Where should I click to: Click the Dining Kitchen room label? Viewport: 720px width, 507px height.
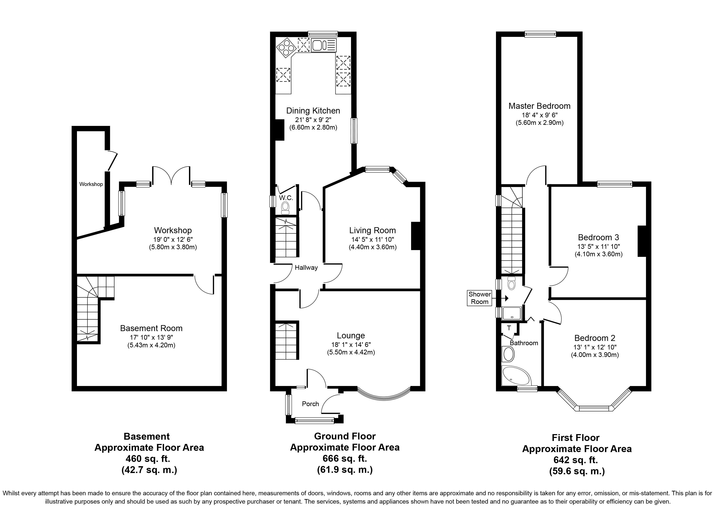(313, 111)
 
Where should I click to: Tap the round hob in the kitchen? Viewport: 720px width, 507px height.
(286, 48)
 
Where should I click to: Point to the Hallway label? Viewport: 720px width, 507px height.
(306, 267)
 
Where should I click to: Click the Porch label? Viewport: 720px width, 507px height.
(310, 404)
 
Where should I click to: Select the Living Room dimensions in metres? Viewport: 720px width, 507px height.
(373, 247)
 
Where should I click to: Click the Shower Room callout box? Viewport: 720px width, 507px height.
(480, 298)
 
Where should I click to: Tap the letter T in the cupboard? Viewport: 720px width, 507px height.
(509, 328)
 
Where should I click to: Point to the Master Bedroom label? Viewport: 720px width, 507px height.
(539, 106)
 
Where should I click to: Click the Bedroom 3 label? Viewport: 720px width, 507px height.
(598, 237)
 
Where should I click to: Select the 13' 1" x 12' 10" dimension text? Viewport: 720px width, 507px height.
(595, 347)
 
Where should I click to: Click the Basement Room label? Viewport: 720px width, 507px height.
(151, 328)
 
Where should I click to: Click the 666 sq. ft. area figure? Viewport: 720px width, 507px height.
(345, 458)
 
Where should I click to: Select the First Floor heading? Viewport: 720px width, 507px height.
(575, 438)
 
